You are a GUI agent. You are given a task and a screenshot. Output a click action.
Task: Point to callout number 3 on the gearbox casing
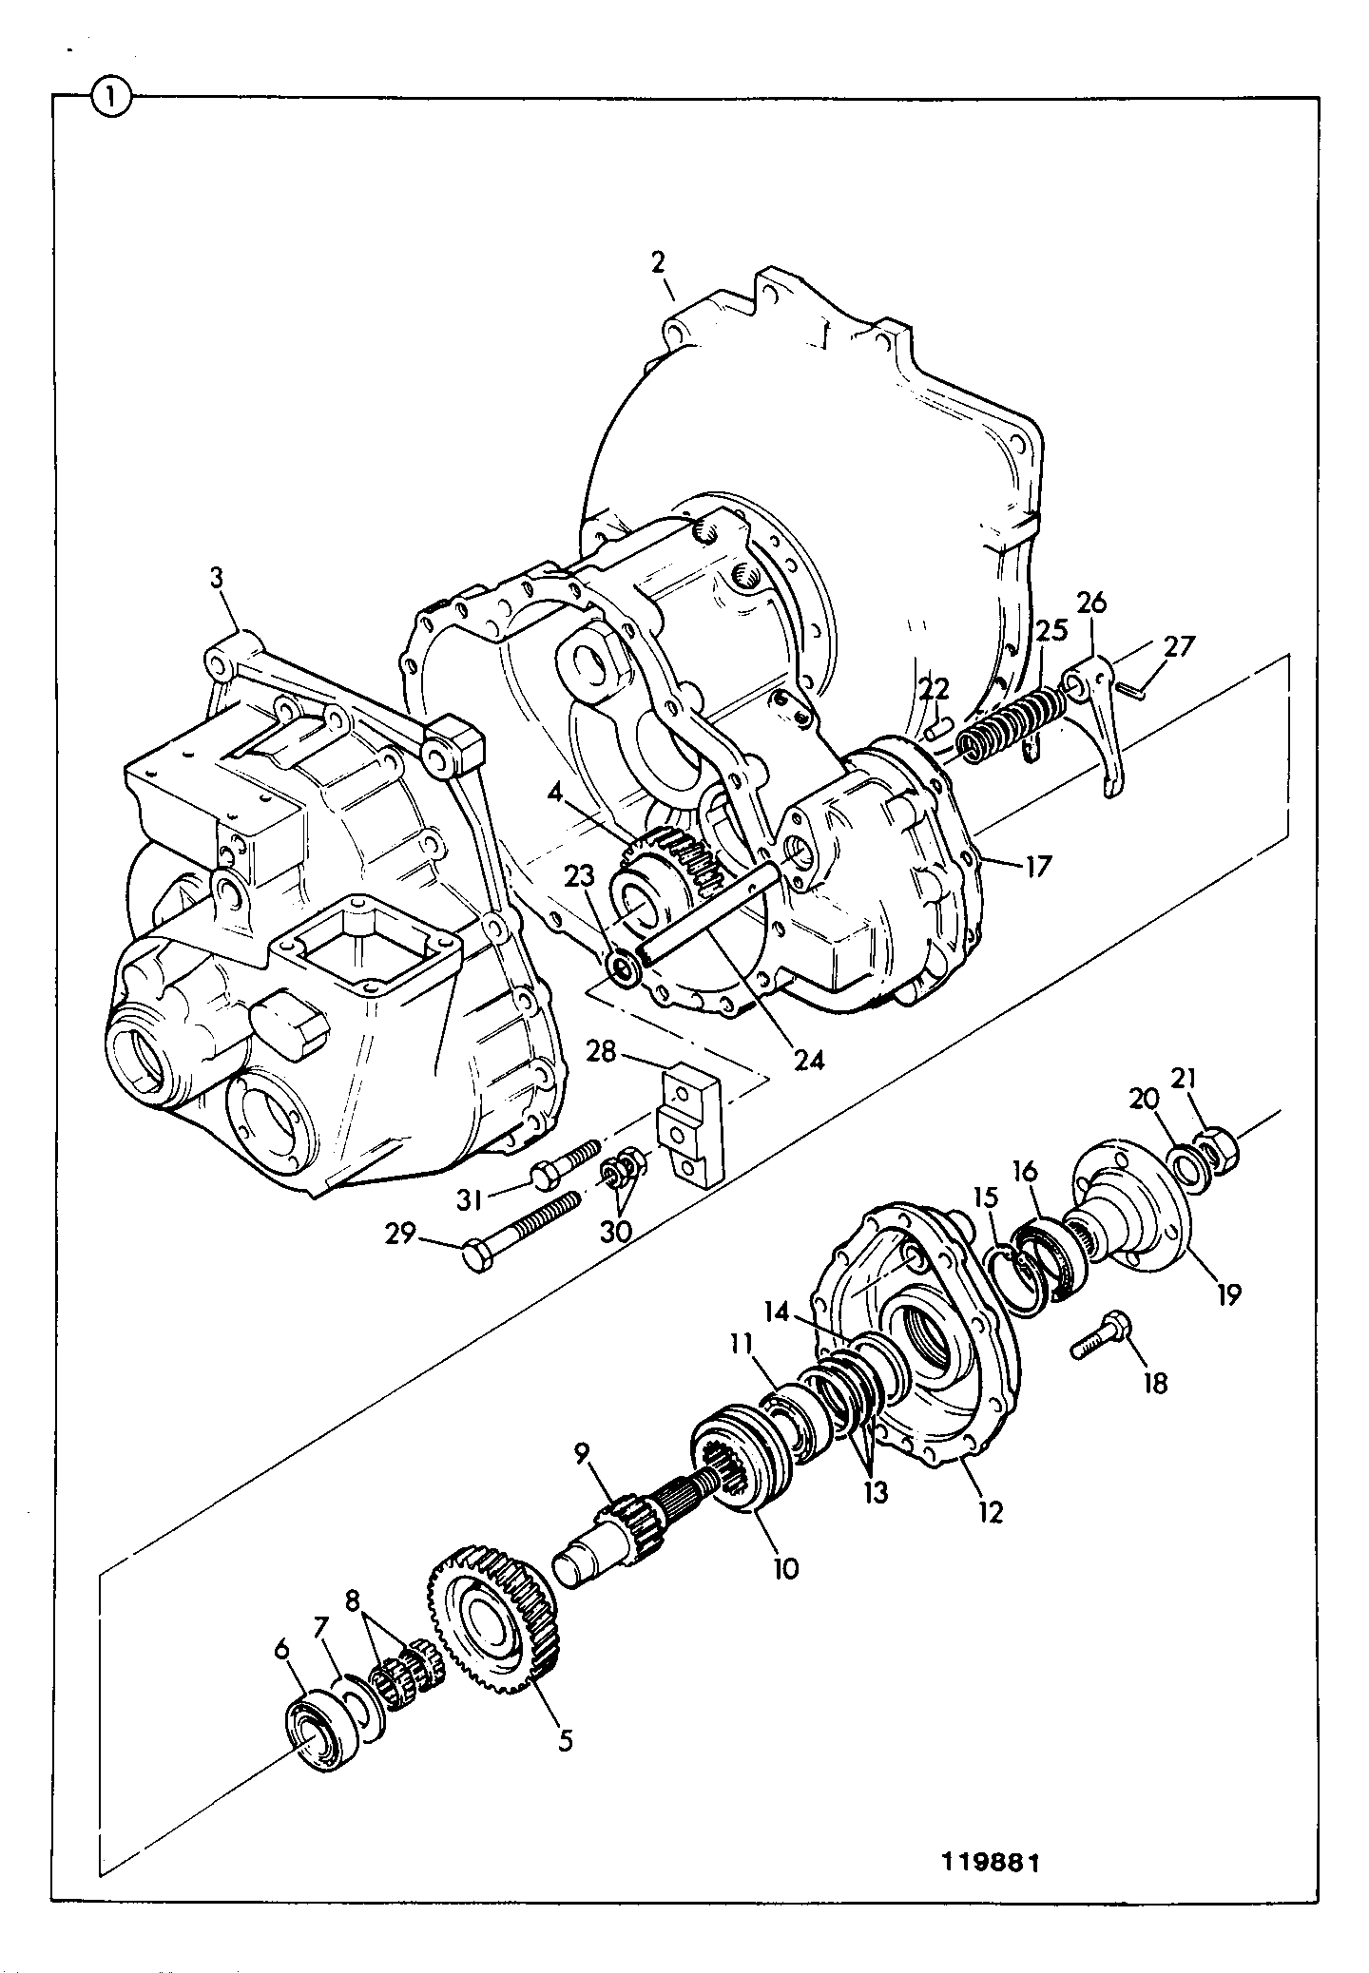(218, 577)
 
